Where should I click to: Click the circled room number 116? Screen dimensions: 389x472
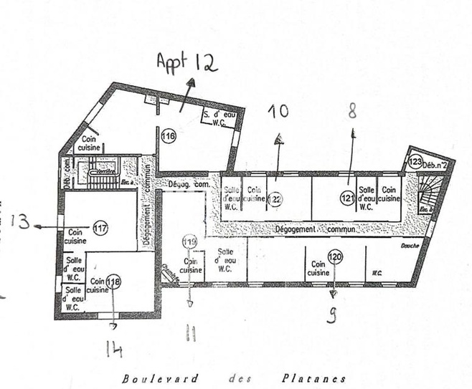tap(169, 135)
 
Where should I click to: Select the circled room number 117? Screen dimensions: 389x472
tap(100, 229)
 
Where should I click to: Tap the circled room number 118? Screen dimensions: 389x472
tap(113, 282)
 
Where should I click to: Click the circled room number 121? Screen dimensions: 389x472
tap(348, 198)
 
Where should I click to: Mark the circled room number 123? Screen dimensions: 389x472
tap(415, 163)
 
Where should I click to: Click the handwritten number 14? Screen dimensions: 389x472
tap(113, 349)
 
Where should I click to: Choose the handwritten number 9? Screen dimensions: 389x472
tap(331, 316)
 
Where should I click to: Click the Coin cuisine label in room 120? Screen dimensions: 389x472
tap(318, 268)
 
